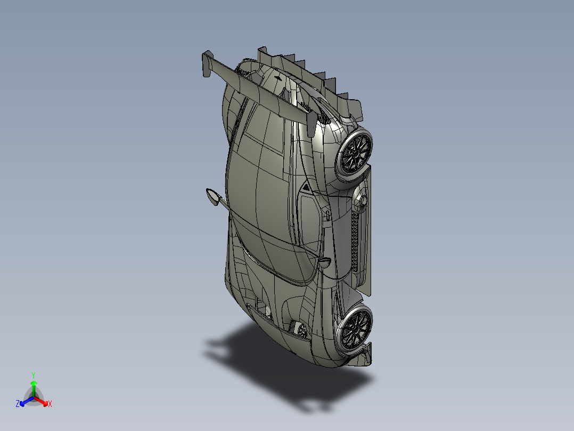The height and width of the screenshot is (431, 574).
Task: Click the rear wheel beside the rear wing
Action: coord(355,152)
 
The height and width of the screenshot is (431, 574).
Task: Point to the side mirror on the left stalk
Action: coord(212,197)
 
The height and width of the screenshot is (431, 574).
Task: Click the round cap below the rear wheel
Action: coord(363,200)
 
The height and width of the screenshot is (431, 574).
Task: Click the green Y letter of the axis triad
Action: coord(34,375)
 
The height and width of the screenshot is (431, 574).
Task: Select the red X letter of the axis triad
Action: coord(50,404)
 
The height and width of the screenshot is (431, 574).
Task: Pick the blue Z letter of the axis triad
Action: coord(18,404)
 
